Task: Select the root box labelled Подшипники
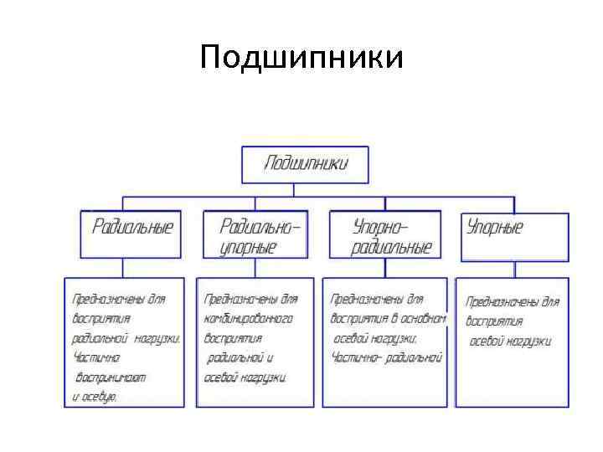305,165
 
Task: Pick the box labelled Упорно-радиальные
389,235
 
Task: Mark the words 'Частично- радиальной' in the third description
386,358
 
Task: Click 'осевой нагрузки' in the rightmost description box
510,341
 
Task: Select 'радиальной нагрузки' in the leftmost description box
126,339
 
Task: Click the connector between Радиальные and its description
123,268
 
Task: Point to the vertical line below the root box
305,191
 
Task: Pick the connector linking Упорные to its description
513,270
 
